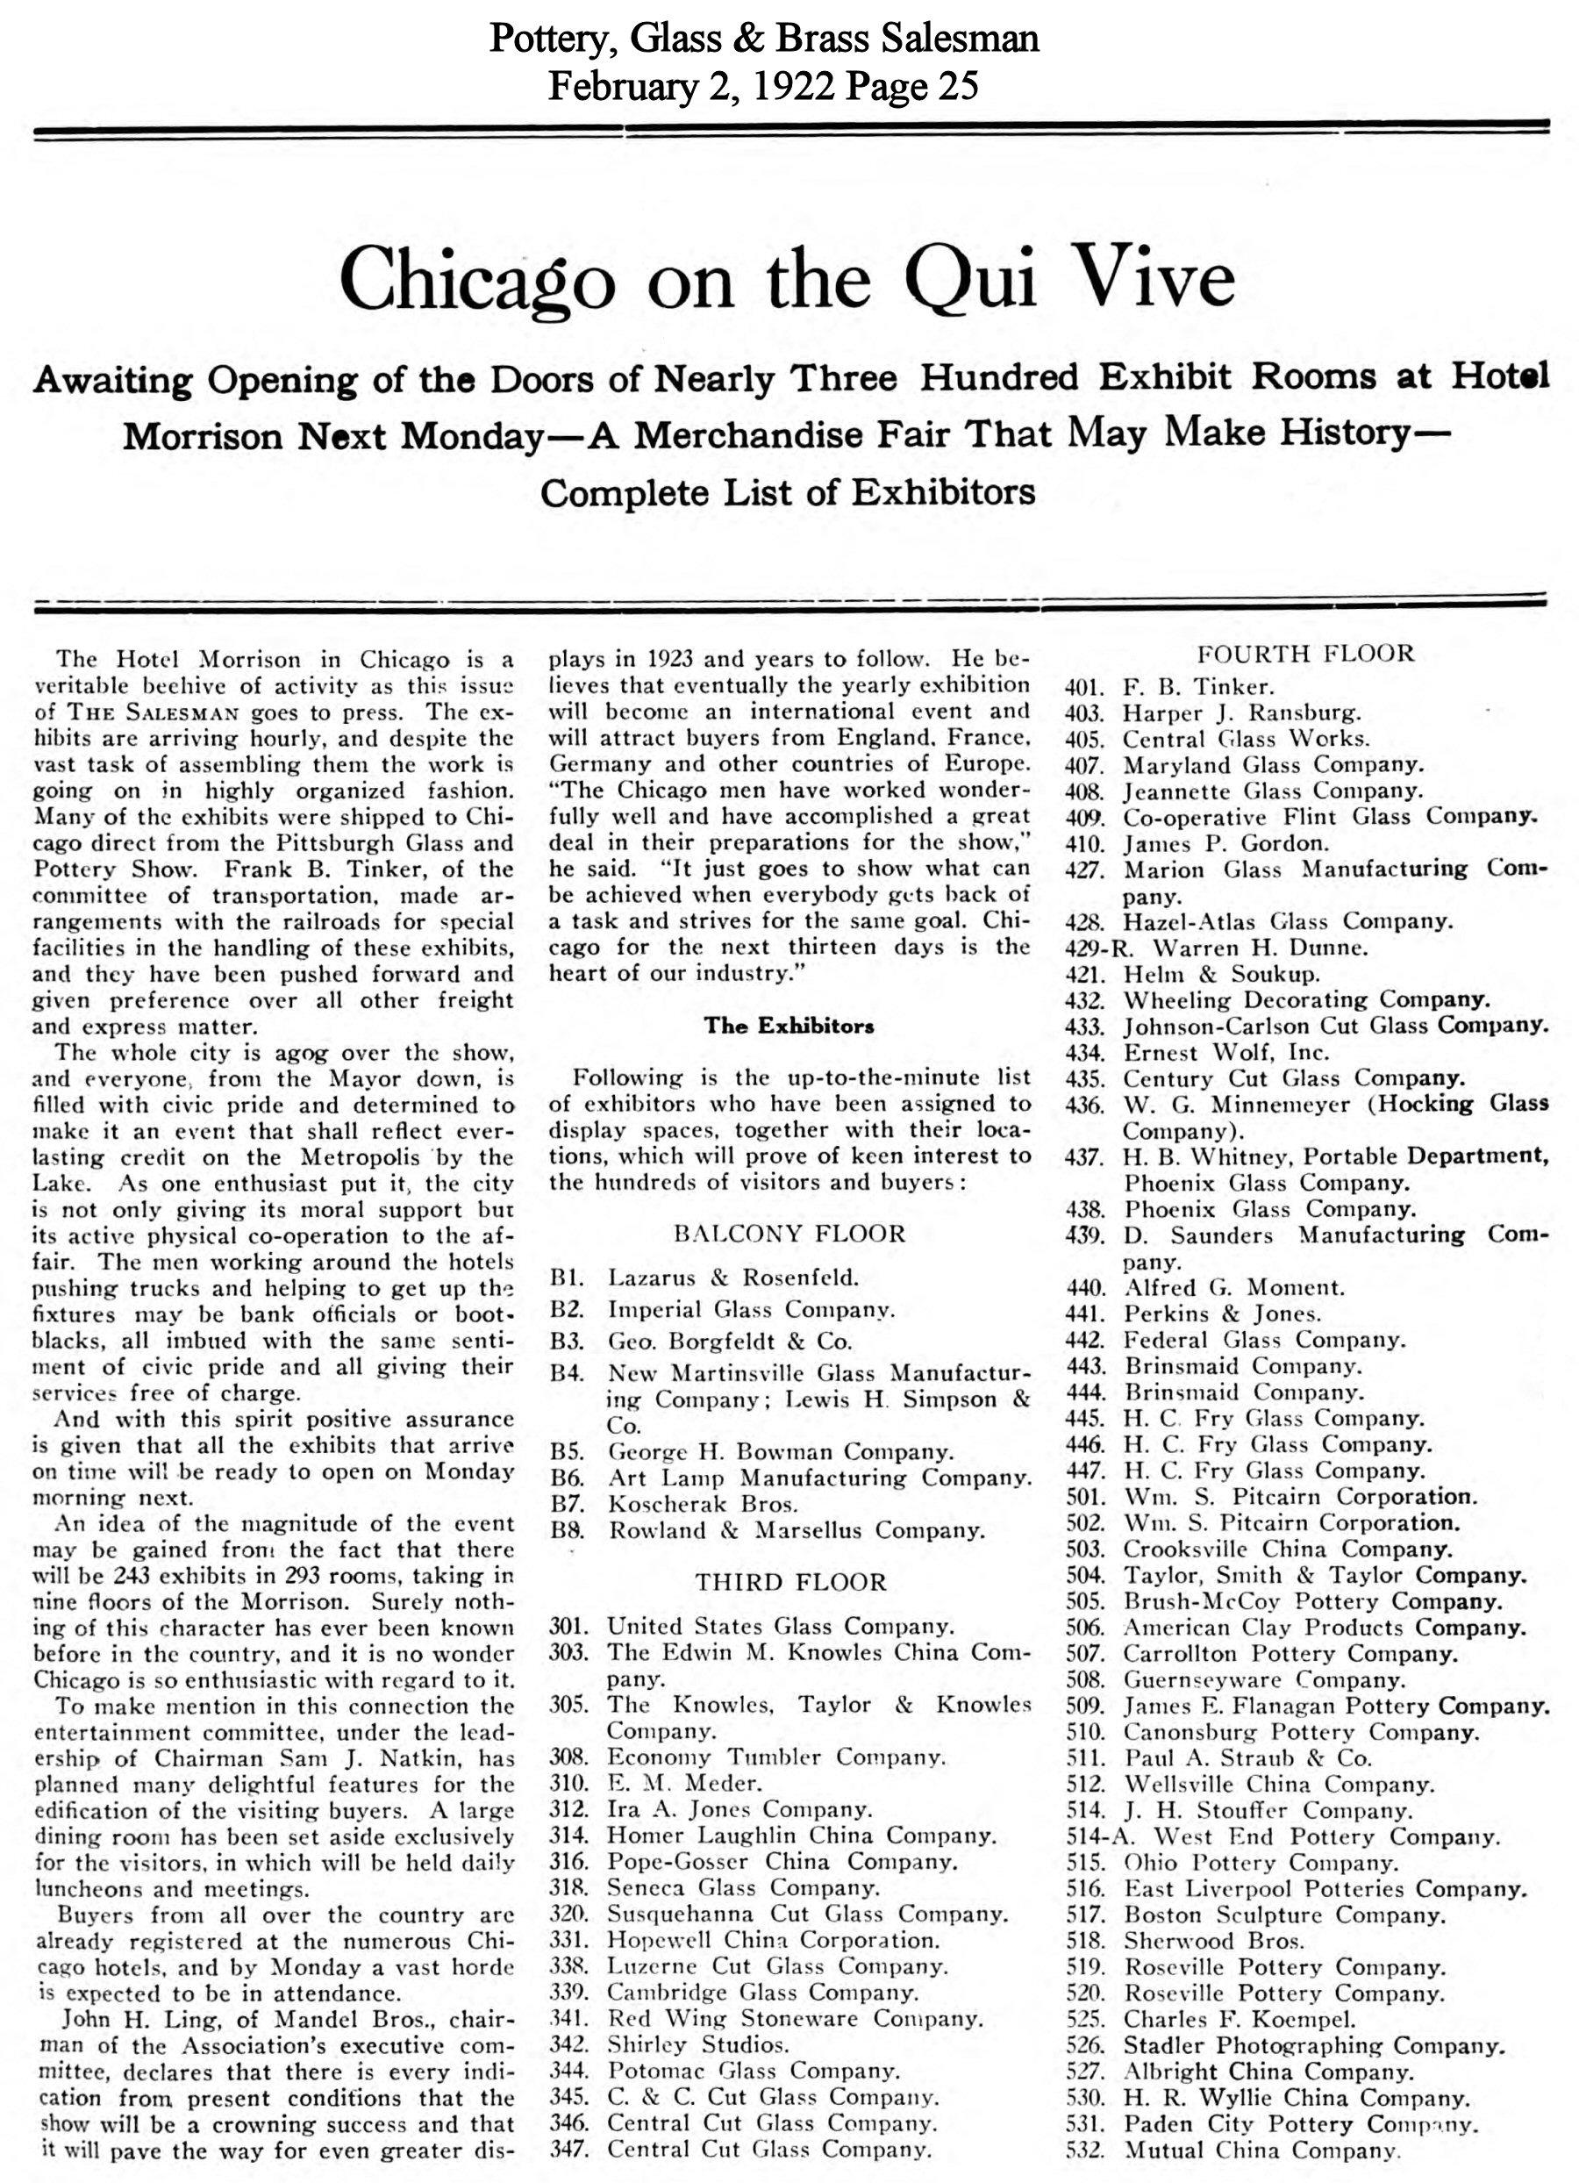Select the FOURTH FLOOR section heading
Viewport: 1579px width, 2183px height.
1304,654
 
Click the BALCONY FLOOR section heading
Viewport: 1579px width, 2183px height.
789,1234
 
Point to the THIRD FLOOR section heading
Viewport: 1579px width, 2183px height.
790,1581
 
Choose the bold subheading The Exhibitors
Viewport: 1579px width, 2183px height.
789,1025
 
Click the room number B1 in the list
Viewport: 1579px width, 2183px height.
563,1278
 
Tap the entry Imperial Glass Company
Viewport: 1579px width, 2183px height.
752,1309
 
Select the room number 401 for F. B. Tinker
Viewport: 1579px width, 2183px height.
1083,687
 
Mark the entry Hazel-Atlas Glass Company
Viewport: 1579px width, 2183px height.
1288,921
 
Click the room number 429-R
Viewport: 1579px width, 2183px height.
1090,948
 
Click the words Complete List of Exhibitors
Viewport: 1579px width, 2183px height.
787,493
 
